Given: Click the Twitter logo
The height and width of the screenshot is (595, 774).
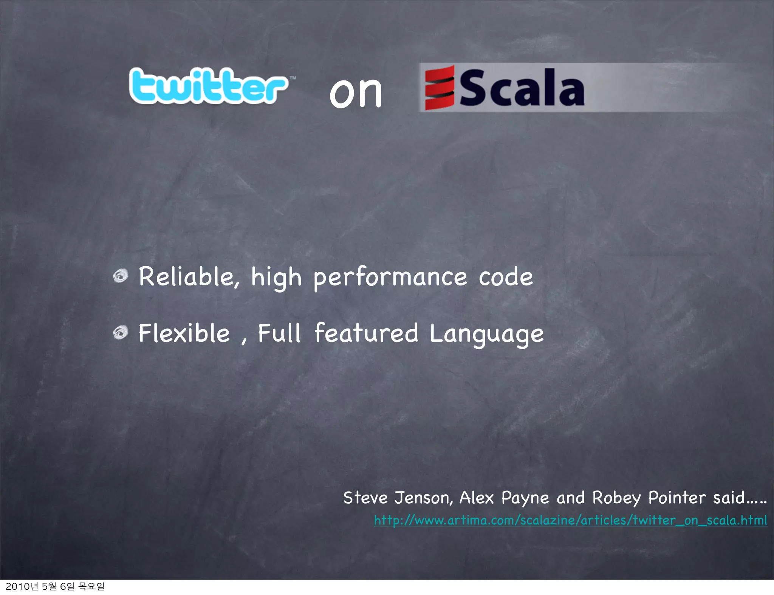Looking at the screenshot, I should tap(208, 86).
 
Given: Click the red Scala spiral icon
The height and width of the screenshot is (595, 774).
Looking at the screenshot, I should tap(439, 88).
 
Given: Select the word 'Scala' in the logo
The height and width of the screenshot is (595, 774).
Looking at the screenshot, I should tap(522, 88).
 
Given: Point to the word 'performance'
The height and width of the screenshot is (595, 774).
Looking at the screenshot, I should tap(390, 278).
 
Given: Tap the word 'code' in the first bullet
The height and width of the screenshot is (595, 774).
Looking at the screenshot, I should tap(506, 277).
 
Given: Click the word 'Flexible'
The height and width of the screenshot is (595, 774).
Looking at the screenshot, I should tap(184, 334).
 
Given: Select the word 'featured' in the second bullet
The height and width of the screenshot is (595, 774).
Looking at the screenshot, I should tap(366, 333).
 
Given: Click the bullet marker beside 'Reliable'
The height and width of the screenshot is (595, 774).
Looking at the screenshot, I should tap(121, 276).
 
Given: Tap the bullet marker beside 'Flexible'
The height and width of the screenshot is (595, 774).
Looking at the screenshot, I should tap(121, 333).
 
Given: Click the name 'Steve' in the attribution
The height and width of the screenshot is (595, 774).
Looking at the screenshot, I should tap(365, 498).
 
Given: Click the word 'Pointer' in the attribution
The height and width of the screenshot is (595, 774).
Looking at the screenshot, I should tap(677, 498).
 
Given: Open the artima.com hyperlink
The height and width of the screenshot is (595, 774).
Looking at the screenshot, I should tap(570, 520).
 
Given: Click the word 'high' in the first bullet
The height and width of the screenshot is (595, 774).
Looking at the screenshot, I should tap(276, 278).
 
